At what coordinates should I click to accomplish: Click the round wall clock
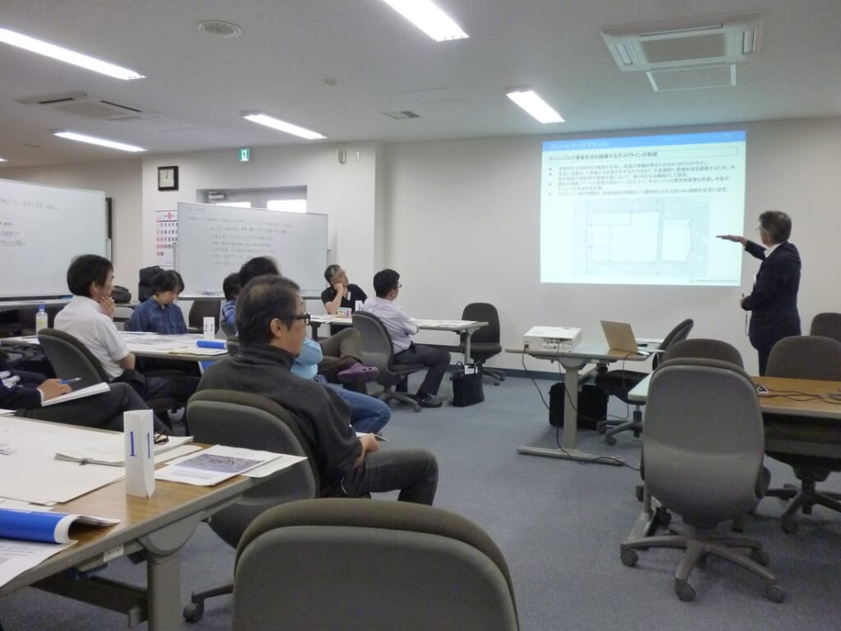pyautogui.click(x=168, y=177)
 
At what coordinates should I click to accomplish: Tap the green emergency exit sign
pyautogui.click(x=244, y=154)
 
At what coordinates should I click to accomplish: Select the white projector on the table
pyautogui.click(x=552, y=337)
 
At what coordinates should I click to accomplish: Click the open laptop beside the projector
pyautogui.click(x=620, y=336)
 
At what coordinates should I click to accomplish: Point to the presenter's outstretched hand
pyautogui.click(x=726, y=238)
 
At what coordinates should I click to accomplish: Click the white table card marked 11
pyautogui.click(x=139, y=451)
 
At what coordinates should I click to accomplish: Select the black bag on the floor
pyautogui.click(x=467, y=387)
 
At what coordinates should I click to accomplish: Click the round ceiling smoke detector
pyautogui.click(x=219, y=29)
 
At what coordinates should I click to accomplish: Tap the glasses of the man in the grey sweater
pyautogui.click(x=297, y=318)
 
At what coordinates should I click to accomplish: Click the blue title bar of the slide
pyautogui.click(x=643, y=140)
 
